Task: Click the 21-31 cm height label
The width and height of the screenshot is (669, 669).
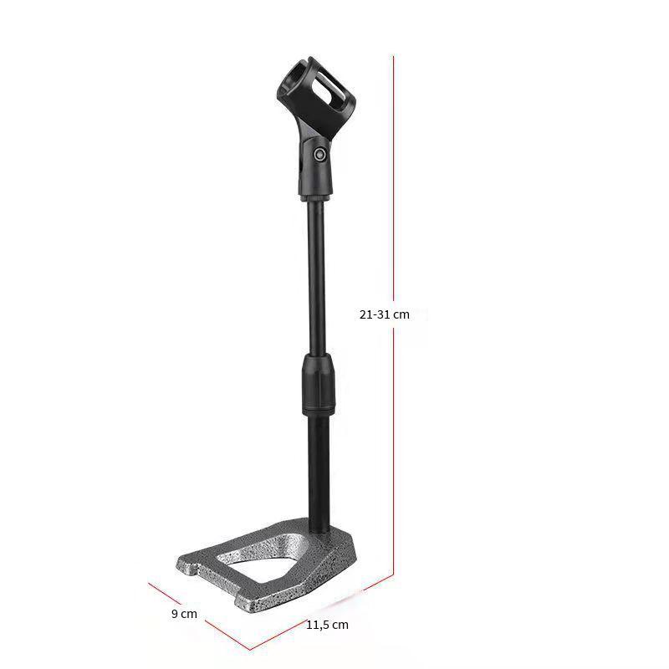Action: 384,315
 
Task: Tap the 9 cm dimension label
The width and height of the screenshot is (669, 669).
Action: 184,614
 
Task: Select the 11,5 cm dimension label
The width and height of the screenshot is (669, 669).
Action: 327,625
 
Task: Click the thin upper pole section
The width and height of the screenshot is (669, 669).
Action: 316,278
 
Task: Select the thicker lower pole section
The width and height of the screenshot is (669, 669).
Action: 319,473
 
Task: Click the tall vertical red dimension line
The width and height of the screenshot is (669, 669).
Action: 393,316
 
